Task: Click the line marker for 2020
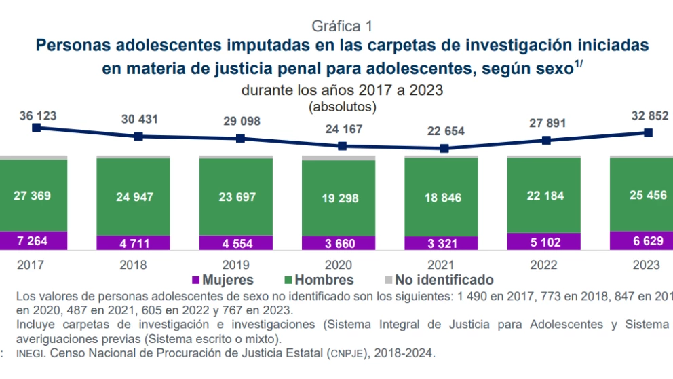click(x=343, y=145)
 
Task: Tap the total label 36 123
click(x=38, y=115)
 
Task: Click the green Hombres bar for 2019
click(x=235, y=197)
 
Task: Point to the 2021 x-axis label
click(x=441, y=265)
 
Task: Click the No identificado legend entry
click(x=440, y=280)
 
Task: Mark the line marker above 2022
click(x=546, y=140)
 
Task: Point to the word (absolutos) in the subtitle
click(x=343, y=107)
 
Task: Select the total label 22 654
click(x=445, y=131)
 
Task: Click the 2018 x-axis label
click(x=133, y=265)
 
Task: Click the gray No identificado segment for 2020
click(x=339, y=158)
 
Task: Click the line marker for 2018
click(x=138, y=136)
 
